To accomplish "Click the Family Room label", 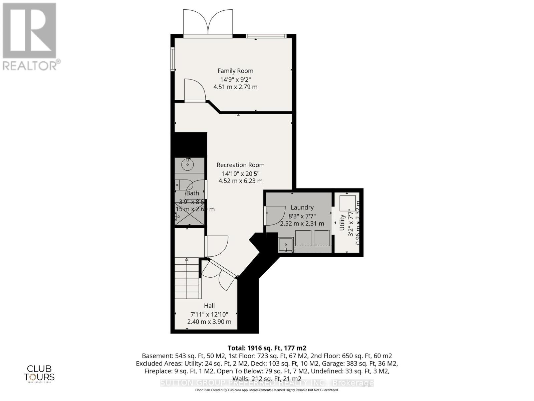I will click(235, 71).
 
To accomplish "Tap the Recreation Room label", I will click(240, 165).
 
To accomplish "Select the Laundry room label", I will click(302, 208).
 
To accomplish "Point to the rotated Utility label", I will click(342, 222).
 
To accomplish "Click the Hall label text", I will click(209, 305).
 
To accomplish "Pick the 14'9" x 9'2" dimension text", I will click(235, 80).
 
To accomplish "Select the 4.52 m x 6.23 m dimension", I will click(240, 181).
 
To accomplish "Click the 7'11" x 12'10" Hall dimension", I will click(209, 314).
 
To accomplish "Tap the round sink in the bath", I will click(188, 164).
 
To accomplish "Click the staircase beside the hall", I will click(188, 279).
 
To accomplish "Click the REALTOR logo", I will click(30, 37).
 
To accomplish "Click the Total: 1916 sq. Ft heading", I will click(267, 348).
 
